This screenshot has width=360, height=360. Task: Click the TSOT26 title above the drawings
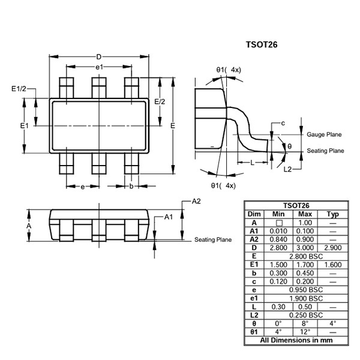click(262, 44)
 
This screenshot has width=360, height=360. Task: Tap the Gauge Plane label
click(324, 135)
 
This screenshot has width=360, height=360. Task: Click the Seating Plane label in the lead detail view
click(325, 151)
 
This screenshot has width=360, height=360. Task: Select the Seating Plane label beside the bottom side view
click(212, 240)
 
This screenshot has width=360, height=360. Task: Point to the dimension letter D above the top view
click(98, 57)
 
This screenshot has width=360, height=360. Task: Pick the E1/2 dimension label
click(19, 89)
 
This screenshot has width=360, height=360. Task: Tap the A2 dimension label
click(196, 201)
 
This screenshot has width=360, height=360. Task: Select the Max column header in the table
click(305, 214)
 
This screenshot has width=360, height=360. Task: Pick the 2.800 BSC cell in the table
click(305, 256)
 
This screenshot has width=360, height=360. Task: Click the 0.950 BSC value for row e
click(305, 289)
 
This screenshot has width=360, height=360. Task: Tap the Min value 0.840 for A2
click(278, 239)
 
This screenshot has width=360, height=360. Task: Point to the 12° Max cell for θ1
click(305, 331)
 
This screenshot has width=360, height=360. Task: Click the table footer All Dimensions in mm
click(296, 340)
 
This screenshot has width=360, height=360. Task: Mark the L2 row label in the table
click(254, 314)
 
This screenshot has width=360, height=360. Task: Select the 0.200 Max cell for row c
click(305, 281)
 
